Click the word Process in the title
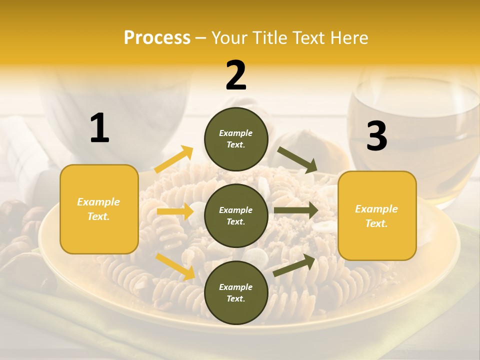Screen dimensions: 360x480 (x=157, y=37)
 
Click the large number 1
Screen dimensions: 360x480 (x=99, y=128)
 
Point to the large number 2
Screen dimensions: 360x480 (x=236, y=75)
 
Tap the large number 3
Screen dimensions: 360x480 (x=376, y=136)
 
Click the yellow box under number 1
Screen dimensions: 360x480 (x=99, y=209)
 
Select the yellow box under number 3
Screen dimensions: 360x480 (x=377, y=216)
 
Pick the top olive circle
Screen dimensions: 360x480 (x=236, y=139)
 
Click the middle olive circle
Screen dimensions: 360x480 (x=236, y=215)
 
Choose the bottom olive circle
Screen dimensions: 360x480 (x=236, y=292)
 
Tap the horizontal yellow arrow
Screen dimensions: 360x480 (x=175, y=211)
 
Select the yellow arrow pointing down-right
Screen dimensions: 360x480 (x=175, y=266)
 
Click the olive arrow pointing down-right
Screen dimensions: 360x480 (x=297, y=159)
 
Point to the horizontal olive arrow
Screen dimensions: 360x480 (x=296, y=210)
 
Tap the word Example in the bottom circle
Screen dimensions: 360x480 (x=236, y=287)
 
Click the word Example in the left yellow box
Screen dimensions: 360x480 (x=98, y=202)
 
